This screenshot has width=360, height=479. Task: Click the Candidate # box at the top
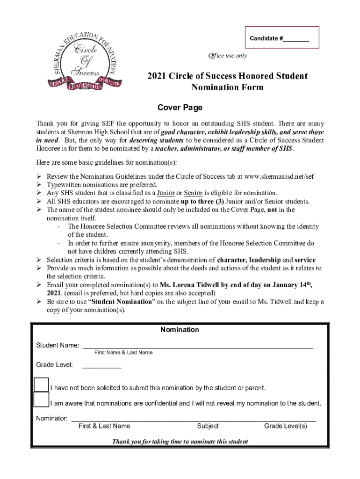tap(279, 38)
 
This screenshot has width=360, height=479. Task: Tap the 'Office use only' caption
tap(228, 56)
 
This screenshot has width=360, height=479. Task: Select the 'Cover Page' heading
tap(180, 108)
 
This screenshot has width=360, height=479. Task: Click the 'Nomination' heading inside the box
tap(180, 330)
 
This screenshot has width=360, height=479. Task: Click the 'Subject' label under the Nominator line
tap(208, 426)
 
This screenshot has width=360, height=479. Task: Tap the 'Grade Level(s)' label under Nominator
tap(285, 426)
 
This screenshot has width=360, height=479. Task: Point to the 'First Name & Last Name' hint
tap(123, 353)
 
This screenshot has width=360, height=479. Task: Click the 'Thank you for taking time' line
tap(180, 442)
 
